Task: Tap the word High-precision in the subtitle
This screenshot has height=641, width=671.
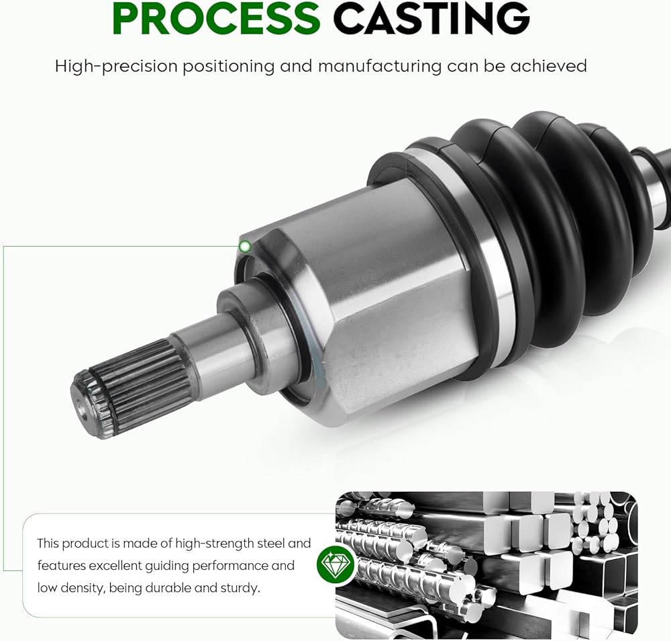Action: click(116, 67)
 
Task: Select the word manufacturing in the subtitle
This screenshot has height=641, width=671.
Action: click(380, 67)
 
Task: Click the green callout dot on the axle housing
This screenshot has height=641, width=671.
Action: click(245, 247)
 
